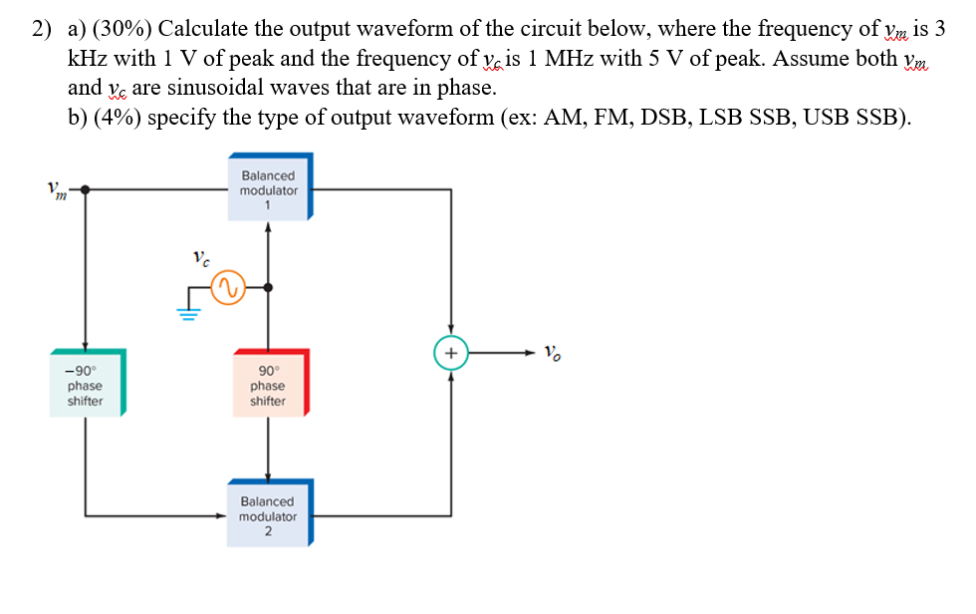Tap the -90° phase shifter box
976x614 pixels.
point(86,384)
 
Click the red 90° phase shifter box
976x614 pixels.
point(269,384)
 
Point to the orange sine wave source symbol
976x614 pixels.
point(225,287)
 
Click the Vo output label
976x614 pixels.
point(555,352)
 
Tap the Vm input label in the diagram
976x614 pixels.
point(58,189)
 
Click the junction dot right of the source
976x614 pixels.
point(267,287)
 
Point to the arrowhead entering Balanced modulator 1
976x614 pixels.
point(267,226)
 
